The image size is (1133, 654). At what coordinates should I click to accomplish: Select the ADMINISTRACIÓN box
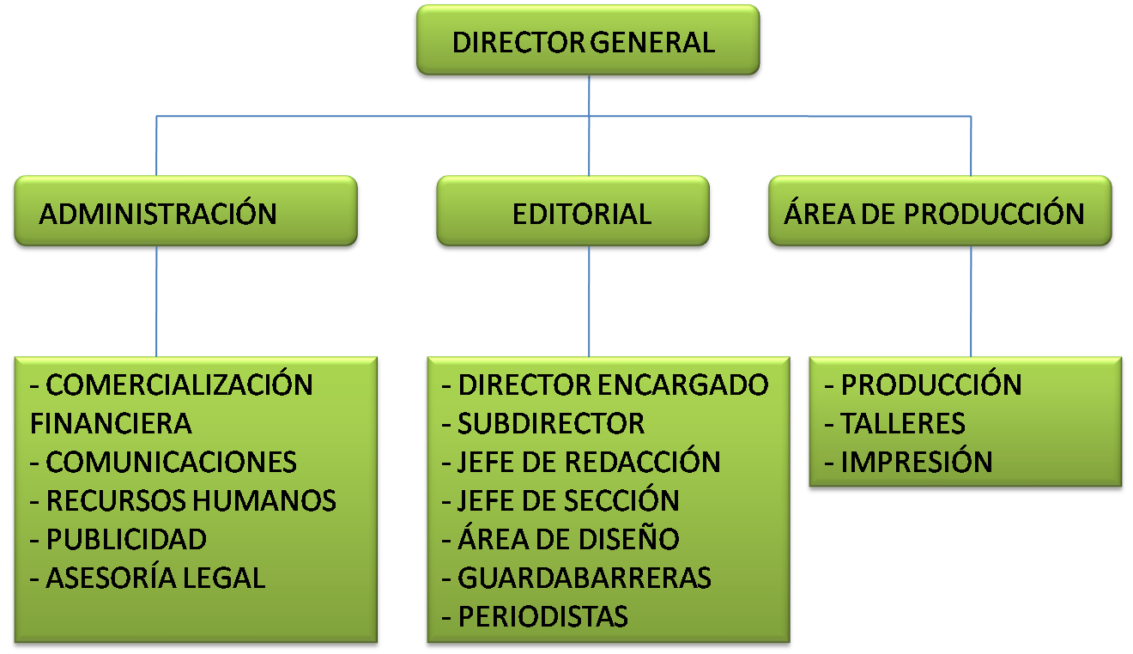[185, 213]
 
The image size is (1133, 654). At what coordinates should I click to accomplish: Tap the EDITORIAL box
[573, 213]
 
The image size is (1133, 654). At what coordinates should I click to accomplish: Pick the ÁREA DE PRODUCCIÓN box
[941, 213]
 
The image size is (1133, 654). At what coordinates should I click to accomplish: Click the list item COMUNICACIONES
[171, 462]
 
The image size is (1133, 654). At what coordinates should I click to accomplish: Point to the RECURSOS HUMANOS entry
[191, 500]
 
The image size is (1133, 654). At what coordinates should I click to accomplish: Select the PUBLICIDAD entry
[126, 539]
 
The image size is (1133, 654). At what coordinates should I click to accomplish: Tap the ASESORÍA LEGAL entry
[155, 578]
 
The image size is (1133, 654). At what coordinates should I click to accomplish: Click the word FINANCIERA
[111, 423]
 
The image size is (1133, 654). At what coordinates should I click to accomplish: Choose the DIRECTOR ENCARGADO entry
[613, 385]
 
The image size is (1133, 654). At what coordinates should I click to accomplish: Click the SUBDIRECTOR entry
[550, 423]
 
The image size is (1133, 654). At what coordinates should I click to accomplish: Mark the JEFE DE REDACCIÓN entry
[589, 462]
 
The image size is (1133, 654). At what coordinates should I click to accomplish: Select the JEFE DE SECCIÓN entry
[568, 500]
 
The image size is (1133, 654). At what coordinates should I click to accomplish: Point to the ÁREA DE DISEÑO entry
[568, 539]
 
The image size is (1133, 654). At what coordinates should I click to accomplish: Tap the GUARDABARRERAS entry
[585, 578]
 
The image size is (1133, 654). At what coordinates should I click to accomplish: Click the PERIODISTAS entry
[542, 616]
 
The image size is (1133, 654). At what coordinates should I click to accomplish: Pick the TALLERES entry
[903, 423]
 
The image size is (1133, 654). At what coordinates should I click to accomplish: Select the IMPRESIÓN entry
[917, 462]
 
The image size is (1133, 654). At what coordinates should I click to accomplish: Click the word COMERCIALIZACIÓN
[179, 385]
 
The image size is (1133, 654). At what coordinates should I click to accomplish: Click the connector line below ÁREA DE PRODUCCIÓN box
[971, 300]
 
